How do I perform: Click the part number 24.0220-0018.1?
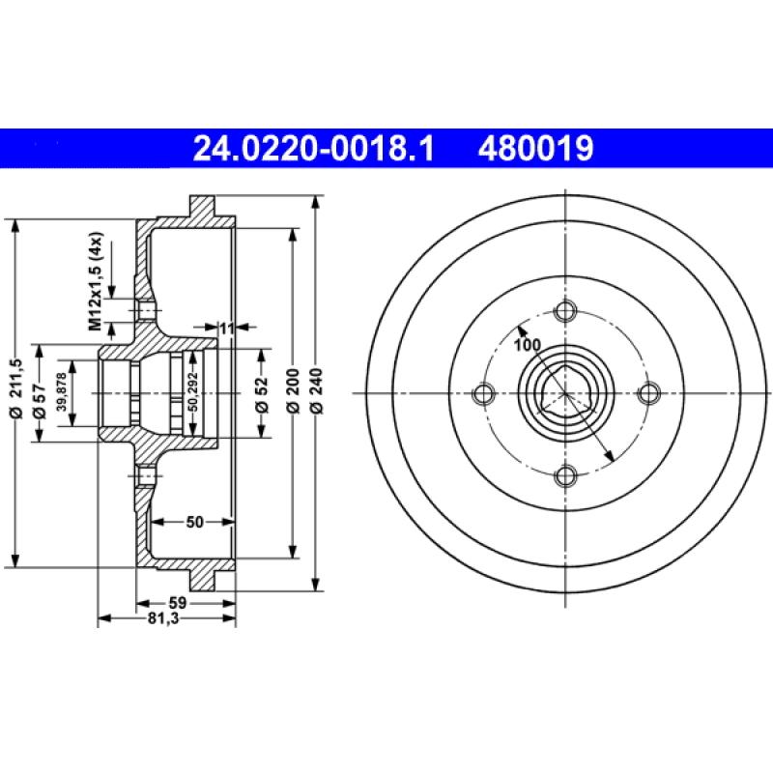[314, 149]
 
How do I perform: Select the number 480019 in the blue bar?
[531, 149]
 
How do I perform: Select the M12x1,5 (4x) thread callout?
[96, 281]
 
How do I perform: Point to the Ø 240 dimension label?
[318, 394]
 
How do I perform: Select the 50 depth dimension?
[194, 523]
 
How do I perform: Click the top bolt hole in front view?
[566, 311]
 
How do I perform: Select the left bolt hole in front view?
[484, 393]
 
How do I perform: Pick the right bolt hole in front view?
[648, 392]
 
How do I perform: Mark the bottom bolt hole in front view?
[566, 474]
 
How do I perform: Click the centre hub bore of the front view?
[566, 393]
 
